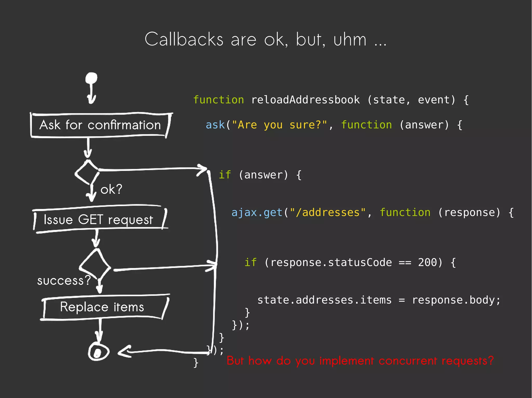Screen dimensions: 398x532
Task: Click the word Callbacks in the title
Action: click(184, 39)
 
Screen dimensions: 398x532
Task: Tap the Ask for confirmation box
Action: click(100, 125)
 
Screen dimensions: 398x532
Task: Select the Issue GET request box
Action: click(99, 220)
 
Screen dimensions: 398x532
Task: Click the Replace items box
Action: click(102, 307)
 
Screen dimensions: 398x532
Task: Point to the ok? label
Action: click(111, 189)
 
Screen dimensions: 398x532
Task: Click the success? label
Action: click(64, 281)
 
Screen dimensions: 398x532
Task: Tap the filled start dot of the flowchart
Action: click(91, 78)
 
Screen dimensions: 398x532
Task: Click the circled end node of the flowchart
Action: click(98, 352)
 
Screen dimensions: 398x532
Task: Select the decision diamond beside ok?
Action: click(87, 172)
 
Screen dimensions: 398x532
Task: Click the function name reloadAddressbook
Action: click(305, 100)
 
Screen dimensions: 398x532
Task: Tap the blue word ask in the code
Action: click(215, 125)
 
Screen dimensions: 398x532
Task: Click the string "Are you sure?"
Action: click(279, 125)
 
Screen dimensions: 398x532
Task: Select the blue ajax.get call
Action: click(257, 213)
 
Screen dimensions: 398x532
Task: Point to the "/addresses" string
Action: click(328, 213)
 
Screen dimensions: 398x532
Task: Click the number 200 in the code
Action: click(427, 262)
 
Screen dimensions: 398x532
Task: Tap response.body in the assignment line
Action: click(456, 300)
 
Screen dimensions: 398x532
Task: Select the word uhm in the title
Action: click(350, 39)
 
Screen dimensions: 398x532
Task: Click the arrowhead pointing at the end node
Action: click(124, 352)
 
